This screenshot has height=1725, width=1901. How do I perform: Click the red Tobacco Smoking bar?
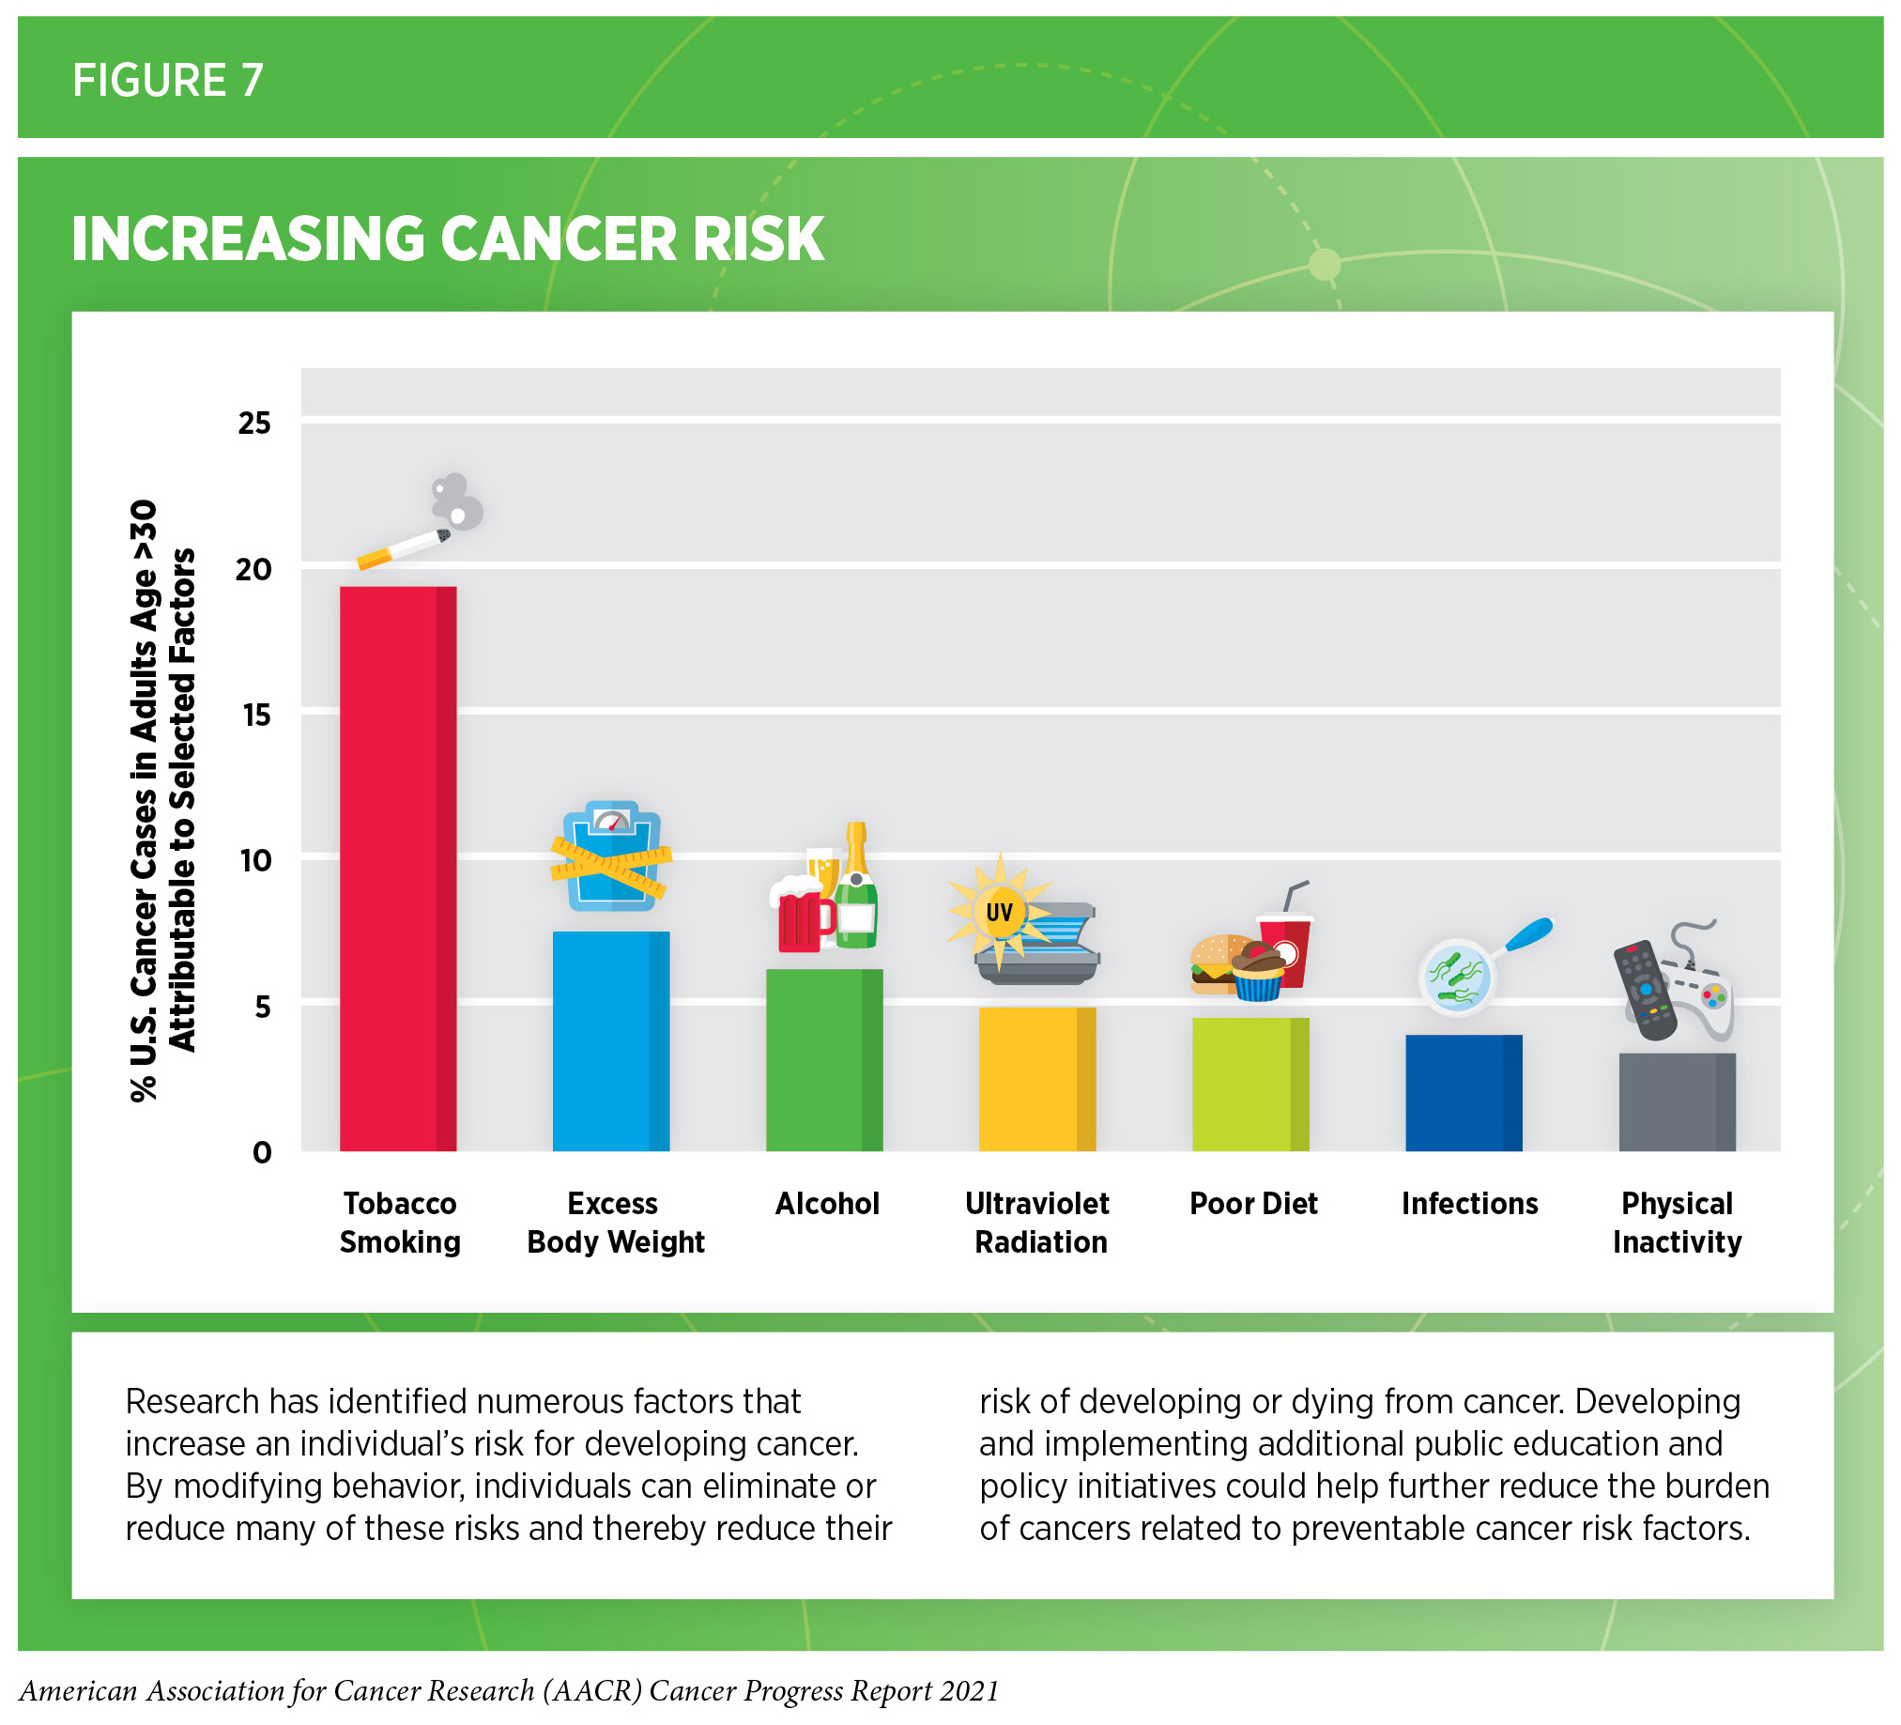[x=397, y=868]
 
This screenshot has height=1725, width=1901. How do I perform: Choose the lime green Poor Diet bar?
[x=1249, y=1084]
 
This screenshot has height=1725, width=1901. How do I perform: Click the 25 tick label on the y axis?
[x=253, y=423]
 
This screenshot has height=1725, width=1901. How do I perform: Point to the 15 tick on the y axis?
[x=255, y=715]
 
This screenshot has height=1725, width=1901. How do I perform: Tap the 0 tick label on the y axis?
[x=261, y=1151]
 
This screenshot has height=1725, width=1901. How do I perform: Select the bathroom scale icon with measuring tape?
[x=611, y=856]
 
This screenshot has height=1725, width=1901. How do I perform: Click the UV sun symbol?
[x=999, y=911]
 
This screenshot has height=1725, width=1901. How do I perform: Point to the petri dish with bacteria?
[x=1456, y=977]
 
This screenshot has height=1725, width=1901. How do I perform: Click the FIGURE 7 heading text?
[x=168, y=80]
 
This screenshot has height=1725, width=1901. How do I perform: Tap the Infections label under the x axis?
[x=1468, y=1204]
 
